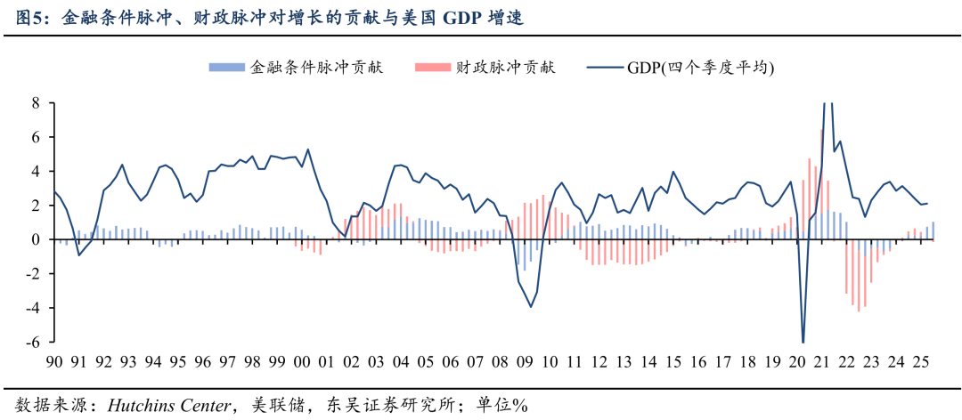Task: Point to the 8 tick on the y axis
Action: tap(37, 103)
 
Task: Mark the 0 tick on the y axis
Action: tap(37, 239)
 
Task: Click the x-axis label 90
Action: tap(55, 363)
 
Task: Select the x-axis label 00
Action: tap(302, 363)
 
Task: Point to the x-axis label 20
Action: tap(795, 363)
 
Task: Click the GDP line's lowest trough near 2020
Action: tap(803, 342)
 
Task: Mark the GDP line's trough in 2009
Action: tap(531, 307)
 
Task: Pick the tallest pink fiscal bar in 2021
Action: tap(821, 131)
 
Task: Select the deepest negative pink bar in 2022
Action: tap(859, 311)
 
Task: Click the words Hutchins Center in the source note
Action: tap(167, 406)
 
